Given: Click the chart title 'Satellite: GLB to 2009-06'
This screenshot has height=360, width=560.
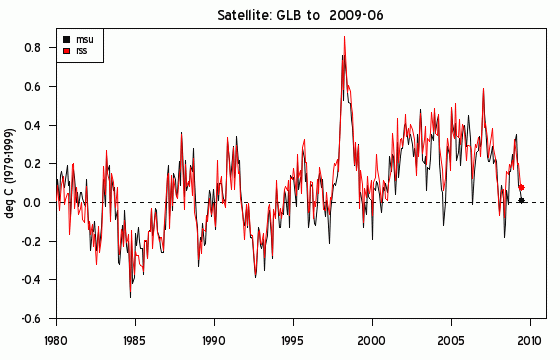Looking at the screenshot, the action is pos(300,15).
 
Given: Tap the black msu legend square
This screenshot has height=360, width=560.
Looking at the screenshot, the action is pos(66,39).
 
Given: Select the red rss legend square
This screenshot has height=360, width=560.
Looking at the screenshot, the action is pos(66,51).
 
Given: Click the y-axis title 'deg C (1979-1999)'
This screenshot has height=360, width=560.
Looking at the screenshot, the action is pos(10,173).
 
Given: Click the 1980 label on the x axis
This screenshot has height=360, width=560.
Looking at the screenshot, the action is pos(56,341).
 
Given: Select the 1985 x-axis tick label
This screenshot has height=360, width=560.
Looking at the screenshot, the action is pos(135,341).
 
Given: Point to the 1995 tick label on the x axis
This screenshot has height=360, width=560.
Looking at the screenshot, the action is pos(293,341).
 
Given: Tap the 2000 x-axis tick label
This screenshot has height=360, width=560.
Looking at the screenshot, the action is pos(372,341).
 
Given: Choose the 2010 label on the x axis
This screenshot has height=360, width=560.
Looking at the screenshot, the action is pos(530,341).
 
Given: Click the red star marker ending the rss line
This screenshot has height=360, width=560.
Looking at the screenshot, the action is pos(521,187).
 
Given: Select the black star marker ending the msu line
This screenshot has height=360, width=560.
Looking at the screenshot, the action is pos(521,200).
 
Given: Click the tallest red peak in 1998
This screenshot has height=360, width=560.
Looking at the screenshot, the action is pos(344,36).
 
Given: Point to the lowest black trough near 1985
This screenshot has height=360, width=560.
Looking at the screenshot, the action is pos(130,297).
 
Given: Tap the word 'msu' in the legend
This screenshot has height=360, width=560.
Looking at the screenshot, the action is pos(84,40).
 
